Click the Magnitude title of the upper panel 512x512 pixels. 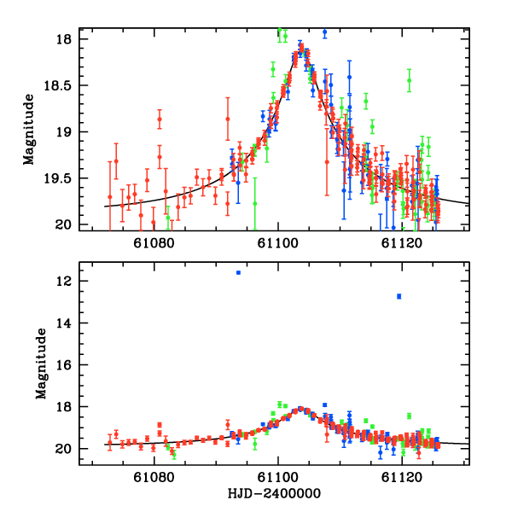28,132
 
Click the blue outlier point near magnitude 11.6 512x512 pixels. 239,273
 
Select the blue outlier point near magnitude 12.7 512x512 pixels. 399,296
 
